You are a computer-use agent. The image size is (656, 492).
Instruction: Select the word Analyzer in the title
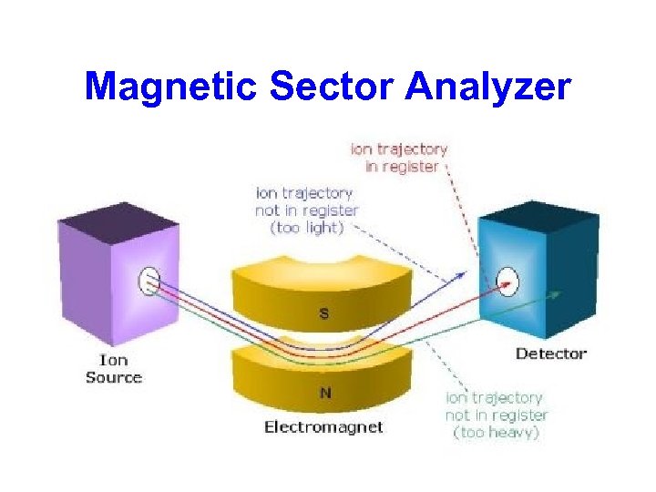coord(489,87)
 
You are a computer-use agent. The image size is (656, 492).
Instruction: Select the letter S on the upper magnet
coord(323,313)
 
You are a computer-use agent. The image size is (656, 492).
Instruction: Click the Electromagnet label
coord(323,426)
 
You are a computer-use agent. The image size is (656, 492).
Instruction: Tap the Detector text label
coord(551,354)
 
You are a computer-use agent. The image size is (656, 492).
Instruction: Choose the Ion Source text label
coord(114,368)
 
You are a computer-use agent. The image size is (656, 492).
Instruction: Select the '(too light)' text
coord(307,228)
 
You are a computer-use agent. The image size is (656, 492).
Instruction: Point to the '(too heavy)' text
coord(497,433)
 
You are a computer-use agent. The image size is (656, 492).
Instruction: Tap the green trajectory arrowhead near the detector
coord(557,292)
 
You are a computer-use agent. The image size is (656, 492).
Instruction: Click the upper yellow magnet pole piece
coord(323,292)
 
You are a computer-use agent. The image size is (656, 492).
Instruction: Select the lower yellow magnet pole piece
coord(323,378)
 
